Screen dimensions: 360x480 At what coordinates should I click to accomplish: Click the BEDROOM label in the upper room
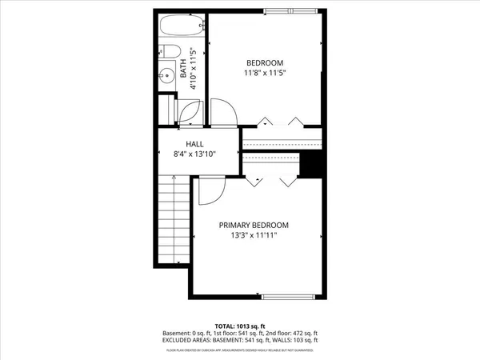point(265,62)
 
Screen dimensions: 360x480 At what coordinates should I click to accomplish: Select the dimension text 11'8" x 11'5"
point(265,73)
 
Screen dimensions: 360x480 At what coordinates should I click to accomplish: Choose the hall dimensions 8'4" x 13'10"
point(196,156)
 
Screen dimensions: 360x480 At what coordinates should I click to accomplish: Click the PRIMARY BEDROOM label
point(254,226)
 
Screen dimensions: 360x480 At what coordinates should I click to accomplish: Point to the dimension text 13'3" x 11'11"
point(254,237)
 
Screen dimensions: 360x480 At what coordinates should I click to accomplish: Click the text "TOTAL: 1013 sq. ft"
point(239,326)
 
